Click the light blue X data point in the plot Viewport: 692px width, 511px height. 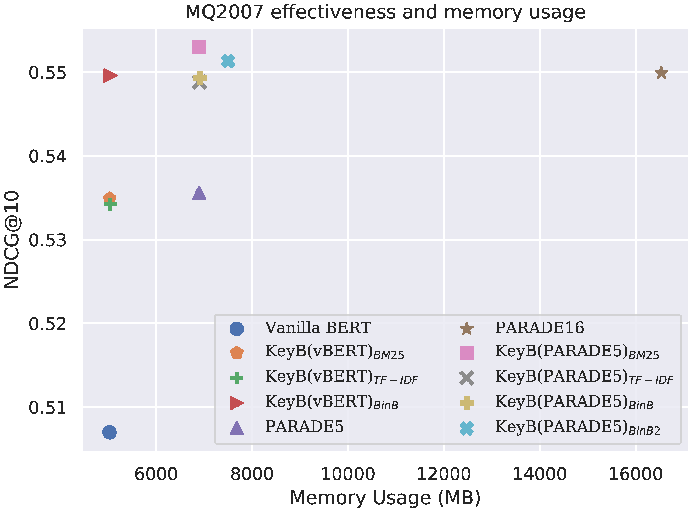228,61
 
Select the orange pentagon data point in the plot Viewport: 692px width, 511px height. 109,198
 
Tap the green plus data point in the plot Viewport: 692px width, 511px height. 110,204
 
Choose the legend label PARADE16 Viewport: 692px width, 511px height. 539,328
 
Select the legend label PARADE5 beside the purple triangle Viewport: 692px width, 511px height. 304,427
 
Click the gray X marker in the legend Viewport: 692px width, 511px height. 466,378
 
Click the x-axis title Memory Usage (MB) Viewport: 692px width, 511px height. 385,498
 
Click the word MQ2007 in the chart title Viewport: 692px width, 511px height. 224,12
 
